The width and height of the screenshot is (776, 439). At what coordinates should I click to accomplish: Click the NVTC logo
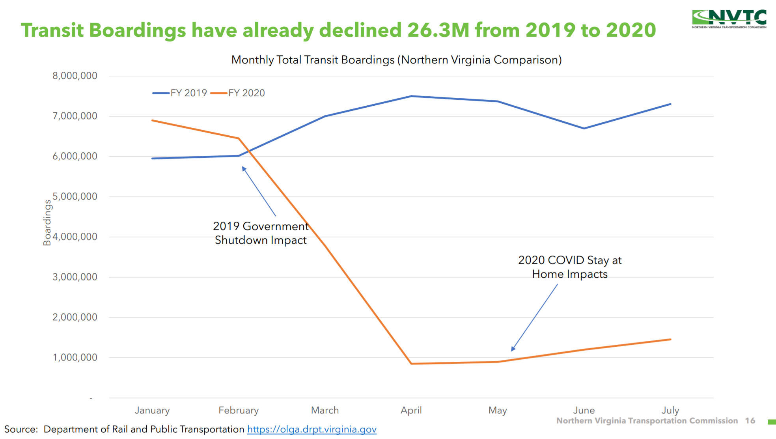pos(729,19)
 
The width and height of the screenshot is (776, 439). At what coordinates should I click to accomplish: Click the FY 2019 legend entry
pos(180,93)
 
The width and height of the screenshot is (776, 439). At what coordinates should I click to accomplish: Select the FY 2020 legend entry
pos(238,93)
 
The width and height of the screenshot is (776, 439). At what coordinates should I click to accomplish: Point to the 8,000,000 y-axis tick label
pos(75,76)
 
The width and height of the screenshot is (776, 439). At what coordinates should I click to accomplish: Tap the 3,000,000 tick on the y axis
pos(75,277)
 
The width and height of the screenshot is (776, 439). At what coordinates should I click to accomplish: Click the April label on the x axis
pos(411,410)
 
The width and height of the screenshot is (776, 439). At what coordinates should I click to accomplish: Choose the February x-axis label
pos(239,410)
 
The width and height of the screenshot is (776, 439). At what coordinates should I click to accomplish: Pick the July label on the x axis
pos(670,410)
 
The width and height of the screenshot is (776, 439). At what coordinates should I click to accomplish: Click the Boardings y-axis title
pos(47,222)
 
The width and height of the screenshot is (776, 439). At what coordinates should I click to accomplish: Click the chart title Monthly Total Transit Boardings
pos(396,60)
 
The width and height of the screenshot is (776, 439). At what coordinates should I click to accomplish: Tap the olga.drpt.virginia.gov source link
pos(312,429)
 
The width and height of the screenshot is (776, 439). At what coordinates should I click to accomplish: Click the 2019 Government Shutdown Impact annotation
pos(261,233)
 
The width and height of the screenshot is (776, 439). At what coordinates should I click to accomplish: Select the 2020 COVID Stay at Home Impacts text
pos(570,267)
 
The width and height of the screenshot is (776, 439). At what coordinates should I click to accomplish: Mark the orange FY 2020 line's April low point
pos(411,364)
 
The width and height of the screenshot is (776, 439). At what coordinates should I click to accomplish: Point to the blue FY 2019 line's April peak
pos(411,96)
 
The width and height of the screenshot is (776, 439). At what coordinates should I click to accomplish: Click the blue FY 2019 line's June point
pos(584,128)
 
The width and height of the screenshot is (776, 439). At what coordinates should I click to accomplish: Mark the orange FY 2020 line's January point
pos(152,120)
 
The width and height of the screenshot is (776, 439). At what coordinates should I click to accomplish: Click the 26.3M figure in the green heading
pos(438,30)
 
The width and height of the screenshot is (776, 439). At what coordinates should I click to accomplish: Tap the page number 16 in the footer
pos(750,421)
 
